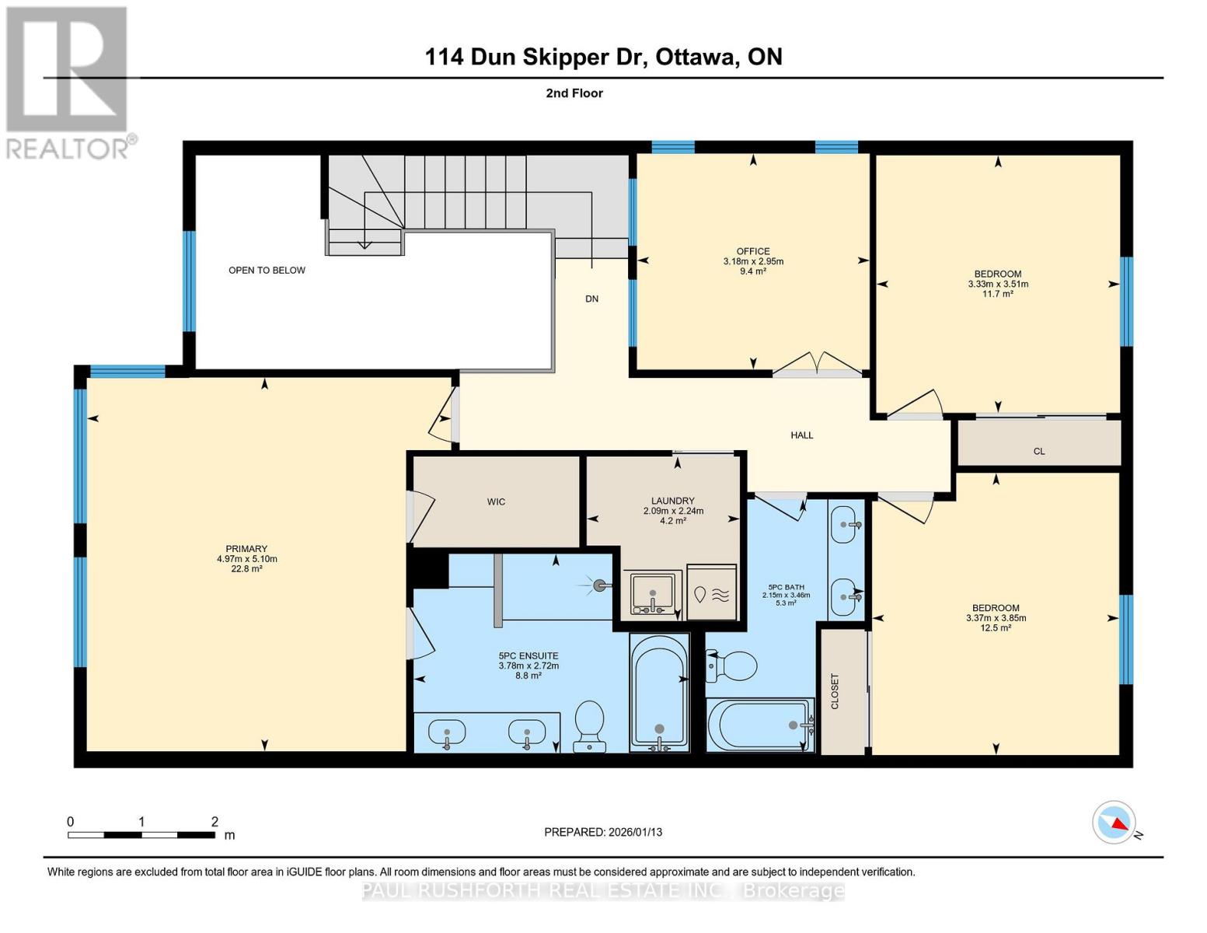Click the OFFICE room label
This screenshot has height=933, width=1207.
pyautogui.click(x=752, y=251)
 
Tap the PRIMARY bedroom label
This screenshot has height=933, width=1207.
pyautogui.click(x=246, y=549)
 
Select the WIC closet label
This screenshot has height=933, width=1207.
pyautogui.click(x=496, y=502)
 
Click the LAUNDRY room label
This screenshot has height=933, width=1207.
pyautogui.click(x=673, y=501)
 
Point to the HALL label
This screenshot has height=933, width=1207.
pyautogui.click(x=801, y=435)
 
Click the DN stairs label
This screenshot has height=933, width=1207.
pyautogui.click(x=591, y=299)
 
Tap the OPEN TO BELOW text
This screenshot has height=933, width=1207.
pyautogui.click(x=267, y=271)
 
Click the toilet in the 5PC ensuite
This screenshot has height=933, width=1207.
pyautogui.click(x=589, y=725)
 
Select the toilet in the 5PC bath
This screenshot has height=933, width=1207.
pyautogui.click(x=732, y=666)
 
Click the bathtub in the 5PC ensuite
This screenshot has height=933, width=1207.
pyautogui.click(x=659, y=692)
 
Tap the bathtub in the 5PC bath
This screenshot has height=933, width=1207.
pyautogui.click(x=760, y=725)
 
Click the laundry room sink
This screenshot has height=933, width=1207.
pyautogui.click(x=652, y=593)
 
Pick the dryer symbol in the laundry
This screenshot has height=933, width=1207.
pyautogui.click(x=712, y=593)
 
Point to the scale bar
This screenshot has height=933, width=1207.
pyautogui.click(x=141, y=835)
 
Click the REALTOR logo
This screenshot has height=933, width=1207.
pyautogui.click(x=68, y=82)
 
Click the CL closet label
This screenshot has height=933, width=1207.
pyautogui.click(x=1039, y=451)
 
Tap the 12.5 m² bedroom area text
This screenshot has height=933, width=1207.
pyautogui.click(x=996, y=628)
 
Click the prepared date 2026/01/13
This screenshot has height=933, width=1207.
pyautogui.click(x=603, y=832)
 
